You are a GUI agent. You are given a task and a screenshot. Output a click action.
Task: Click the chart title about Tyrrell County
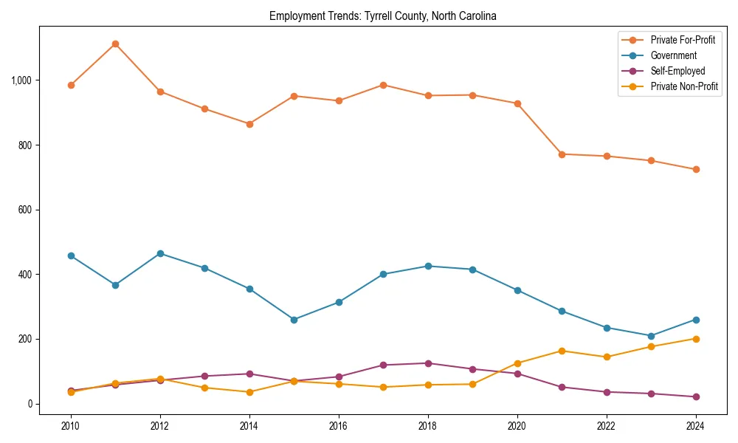[383, 16]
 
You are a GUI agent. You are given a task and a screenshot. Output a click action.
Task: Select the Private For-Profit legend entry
[683, 40]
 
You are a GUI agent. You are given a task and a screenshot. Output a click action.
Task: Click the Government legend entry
[673, 55]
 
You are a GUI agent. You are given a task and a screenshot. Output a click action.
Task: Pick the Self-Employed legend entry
[677, 72]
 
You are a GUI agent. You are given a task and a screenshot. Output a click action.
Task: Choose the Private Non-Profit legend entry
[684, 87]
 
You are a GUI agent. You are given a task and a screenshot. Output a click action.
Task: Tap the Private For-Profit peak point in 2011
[115, 44]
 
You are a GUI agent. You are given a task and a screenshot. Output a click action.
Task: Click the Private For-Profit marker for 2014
[249, 124]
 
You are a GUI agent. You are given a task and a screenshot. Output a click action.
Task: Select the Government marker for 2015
[294, 320]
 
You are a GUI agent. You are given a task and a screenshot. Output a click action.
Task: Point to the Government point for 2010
[71, 255]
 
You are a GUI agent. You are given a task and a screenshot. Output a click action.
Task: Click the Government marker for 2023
[651, 336]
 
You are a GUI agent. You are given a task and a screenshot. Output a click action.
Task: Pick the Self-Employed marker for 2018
[428, 363]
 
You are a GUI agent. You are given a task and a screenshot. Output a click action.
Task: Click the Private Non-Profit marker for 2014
[249, 392]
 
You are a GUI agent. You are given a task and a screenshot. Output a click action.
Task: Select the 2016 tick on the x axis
[339, 425]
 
